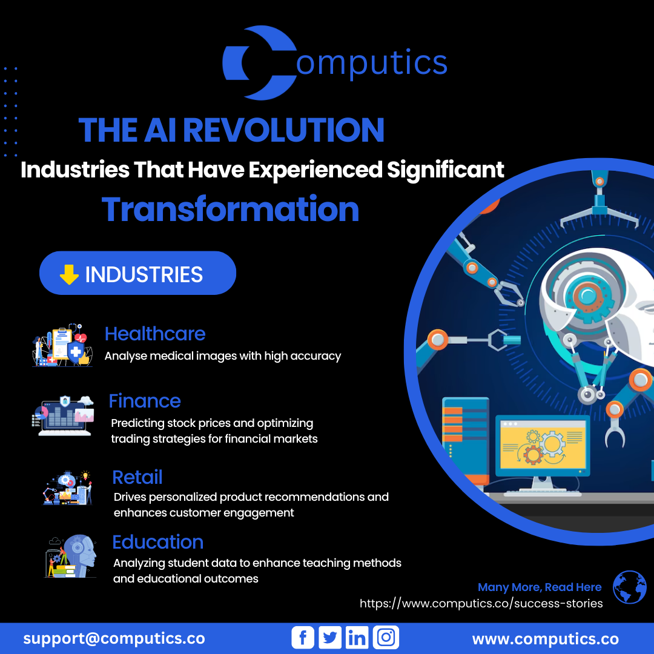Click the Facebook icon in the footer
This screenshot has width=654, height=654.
(x=302, y=637)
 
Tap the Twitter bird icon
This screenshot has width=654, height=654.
(x=330, y=637)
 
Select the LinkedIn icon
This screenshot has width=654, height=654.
(x=357, y=637)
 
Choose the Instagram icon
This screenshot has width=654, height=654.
(x=386, y=637)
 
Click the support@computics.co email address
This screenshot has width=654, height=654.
(x=114, y=639)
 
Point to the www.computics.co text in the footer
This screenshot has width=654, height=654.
(x=546, y=639)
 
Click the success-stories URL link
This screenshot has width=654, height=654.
(x=481, y=604)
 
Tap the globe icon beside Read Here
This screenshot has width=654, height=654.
(x=629, y=587)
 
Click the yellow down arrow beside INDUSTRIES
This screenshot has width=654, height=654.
(x=69, y=274)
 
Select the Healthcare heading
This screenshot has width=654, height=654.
(x=155, y=334)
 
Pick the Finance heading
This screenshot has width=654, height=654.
(x=145, y=401)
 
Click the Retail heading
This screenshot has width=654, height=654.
(x=137, y=477)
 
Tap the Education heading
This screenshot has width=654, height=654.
(x=157, y=542)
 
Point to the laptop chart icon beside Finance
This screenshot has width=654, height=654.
(x=64, y=416)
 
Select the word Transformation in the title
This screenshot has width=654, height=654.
(x=230, y=209)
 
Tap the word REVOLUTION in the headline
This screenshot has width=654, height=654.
(x=283, y=130)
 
